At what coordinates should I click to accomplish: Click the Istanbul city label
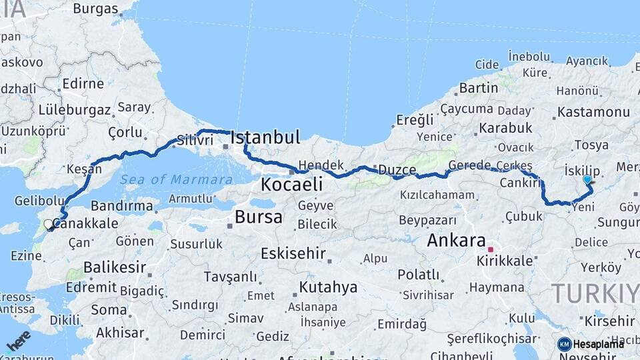coord(265,138)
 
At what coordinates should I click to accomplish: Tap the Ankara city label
coord(457,240)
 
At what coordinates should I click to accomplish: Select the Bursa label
coord(258,217)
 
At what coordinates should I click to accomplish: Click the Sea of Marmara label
coord(175,179)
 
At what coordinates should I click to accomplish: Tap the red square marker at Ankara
coord(490,249)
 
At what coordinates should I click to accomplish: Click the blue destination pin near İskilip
coord(587,179)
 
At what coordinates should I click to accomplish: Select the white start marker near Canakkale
coord(48,225)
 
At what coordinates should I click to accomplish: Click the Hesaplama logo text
coord(597,344)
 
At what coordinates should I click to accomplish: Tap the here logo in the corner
coord(18,340)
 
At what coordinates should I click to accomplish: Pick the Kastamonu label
coord(593,112)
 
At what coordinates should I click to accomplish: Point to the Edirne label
coord(83,85)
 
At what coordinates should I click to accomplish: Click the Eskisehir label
coord(293,253)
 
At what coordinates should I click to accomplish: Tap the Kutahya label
coord(328,287)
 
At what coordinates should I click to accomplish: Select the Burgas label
coord(95,9)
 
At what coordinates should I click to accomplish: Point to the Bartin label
coord(479,87)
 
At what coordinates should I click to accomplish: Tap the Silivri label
coord(195,141)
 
